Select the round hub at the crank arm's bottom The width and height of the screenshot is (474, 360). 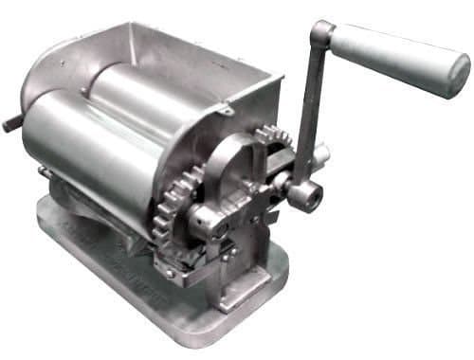(x=306, y=194)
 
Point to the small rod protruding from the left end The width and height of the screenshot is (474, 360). (x=11, y=124)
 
